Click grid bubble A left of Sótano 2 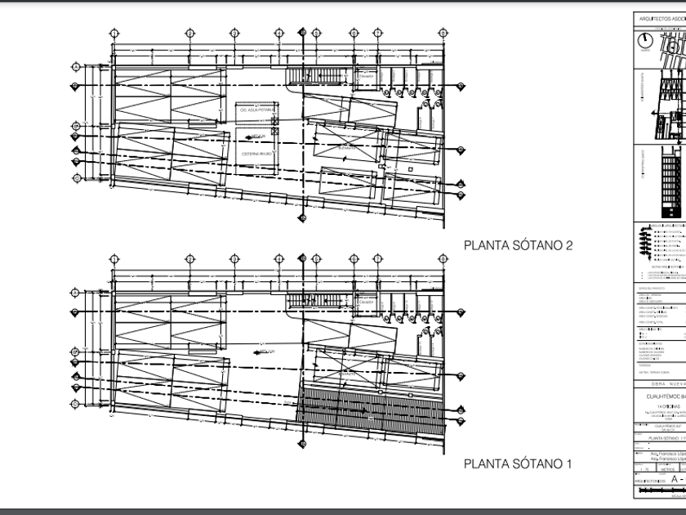tap(75, 66)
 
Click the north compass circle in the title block tap(645, 39)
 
